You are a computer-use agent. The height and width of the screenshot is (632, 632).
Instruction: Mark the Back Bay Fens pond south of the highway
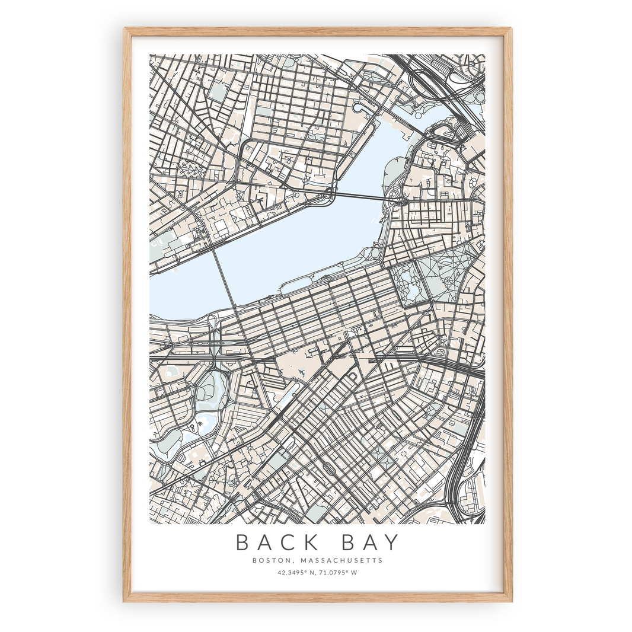click(x=211, y=391)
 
